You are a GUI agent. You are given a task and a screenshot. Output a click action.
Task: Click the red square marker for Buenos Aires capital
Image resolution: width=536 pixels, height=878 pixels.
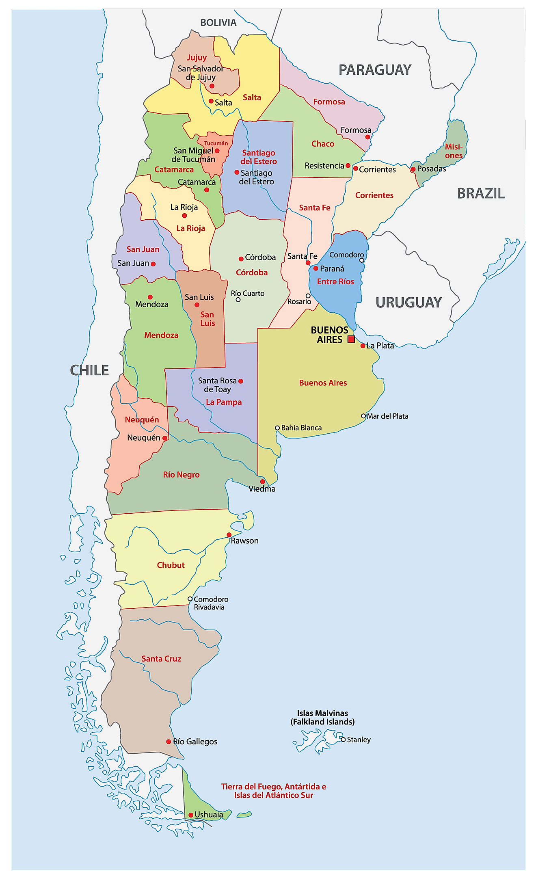point(351,339)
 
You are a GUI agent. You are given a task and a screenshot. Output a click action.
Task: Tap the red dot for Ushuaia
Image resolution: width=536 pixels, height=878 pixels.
point(191,815)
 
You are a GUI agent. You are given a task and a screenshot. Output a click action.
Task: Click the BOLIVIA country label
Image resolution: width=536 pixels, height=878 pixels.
point(218,23)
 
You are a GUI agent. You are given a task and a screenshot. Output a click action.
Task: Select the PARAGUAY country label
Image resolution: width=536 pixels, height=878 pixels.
point(375,70)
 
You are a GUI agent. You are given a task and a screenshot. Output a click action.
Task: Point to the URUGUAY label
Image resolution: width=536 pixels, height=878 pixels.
point(408,303)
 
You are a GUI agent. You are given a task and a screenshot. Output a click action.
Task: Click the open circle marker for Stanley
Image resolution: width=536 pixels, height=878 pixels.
point(343,740)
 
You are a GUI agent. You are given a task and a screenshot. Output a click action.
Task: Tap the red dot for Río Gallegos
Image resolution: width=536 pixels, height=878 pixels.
point(169,742)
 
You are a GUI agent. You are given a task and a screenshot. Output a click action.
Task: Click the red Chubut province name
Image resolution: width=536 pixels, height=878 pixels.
point(171,565)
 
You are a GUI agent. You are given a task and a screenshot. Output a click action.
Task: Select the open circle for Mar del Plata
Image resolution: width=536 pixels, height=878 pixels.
point(363,416)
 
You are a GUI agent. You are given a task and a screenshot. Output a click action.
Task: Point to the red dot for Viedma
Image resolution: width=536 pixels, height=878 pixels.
point(263,482)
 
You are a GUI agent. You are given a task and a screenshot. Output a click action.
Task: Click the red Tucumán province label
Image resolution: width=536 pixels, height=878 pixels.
point(216,143)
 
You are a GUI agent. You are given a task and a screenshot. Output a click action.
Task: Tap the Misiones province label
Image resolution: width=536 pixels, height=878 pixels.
point(454,151)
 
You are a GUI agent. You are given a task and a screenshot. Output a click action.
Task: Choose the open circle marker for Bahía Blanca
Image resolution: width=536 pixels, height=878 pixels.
point(277,428)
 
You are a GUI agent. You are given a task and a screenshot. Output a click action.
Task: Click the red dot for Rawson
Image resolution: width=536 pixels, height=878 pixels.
point(229,535)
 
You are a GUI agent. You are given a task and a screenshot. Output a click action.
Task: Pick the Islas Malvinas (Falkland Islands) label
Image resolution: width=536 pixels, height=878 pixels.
point(322,717)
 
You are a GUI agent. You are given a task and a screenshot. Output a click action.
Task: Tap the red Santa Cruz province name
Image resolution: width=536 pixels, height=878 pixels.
point(161,659)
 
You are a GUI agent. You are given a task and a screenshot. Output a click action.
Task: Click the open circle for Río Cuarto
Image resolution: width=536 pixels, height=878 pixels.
point(238,300)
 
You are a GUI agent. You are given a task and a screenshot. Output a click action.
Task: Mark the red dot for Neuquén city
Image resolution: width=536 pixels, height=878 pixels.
point(164,438)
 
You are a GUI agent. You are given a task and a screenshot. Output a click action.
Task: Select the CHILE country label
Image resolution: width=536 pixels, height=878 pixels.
point(89,370)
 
